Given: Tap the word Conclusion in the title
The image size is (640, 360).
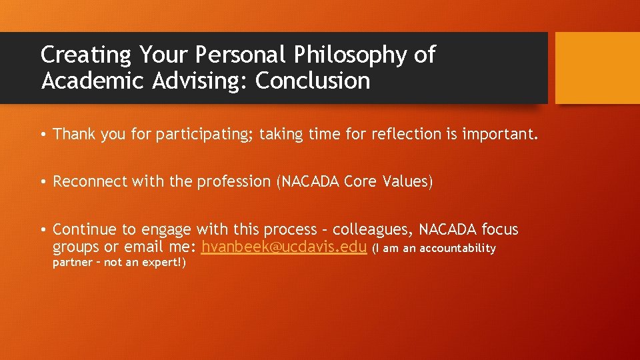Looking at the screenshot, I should click(313, 81).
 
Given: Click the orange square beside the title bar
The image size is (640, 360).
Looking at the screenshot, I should click(597, 68).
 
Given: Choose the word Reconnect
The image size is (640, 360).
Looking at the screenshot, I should click(89, 181).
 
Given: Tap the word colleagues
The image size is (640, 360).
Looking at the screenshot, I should click(374, 229).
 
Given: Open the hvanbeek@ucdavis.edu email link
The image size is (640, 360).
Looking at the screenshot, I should click(284, 247).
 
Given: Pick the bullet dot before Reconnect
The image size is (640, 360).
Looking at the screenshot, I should click(42, 182).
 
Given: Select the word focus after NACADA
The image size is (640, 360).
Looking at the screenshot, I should click(499, 229).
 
